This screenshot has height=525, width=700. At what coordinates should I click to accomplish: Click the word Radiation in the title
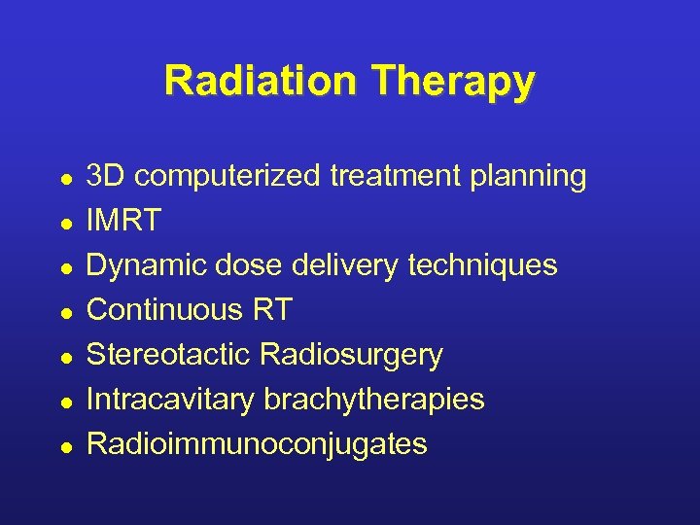point(259,81)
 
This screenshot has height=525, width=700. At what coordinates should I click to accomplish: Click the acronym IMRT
point(123,221)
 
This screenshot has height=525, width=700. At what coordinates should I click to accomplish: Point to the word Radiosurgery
point(351,356)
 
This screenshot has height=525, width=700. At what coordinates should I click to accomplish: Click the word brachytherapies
point(371,400)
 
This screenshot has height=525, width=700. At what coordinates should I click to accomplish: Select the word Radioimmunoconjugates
point(257,444)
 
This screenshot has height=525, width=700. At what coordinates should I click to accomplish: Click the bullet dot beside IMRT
point(63,224)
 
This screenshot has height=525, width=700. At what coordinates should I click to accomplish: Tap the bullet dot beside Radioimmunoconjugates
point(63,447)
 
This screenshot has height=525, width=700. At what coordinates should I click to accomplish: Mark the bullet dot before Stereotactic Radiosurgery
point(63,358)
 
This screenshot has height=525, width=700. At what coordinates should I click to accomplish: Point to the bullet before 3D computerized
point(63,179)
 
